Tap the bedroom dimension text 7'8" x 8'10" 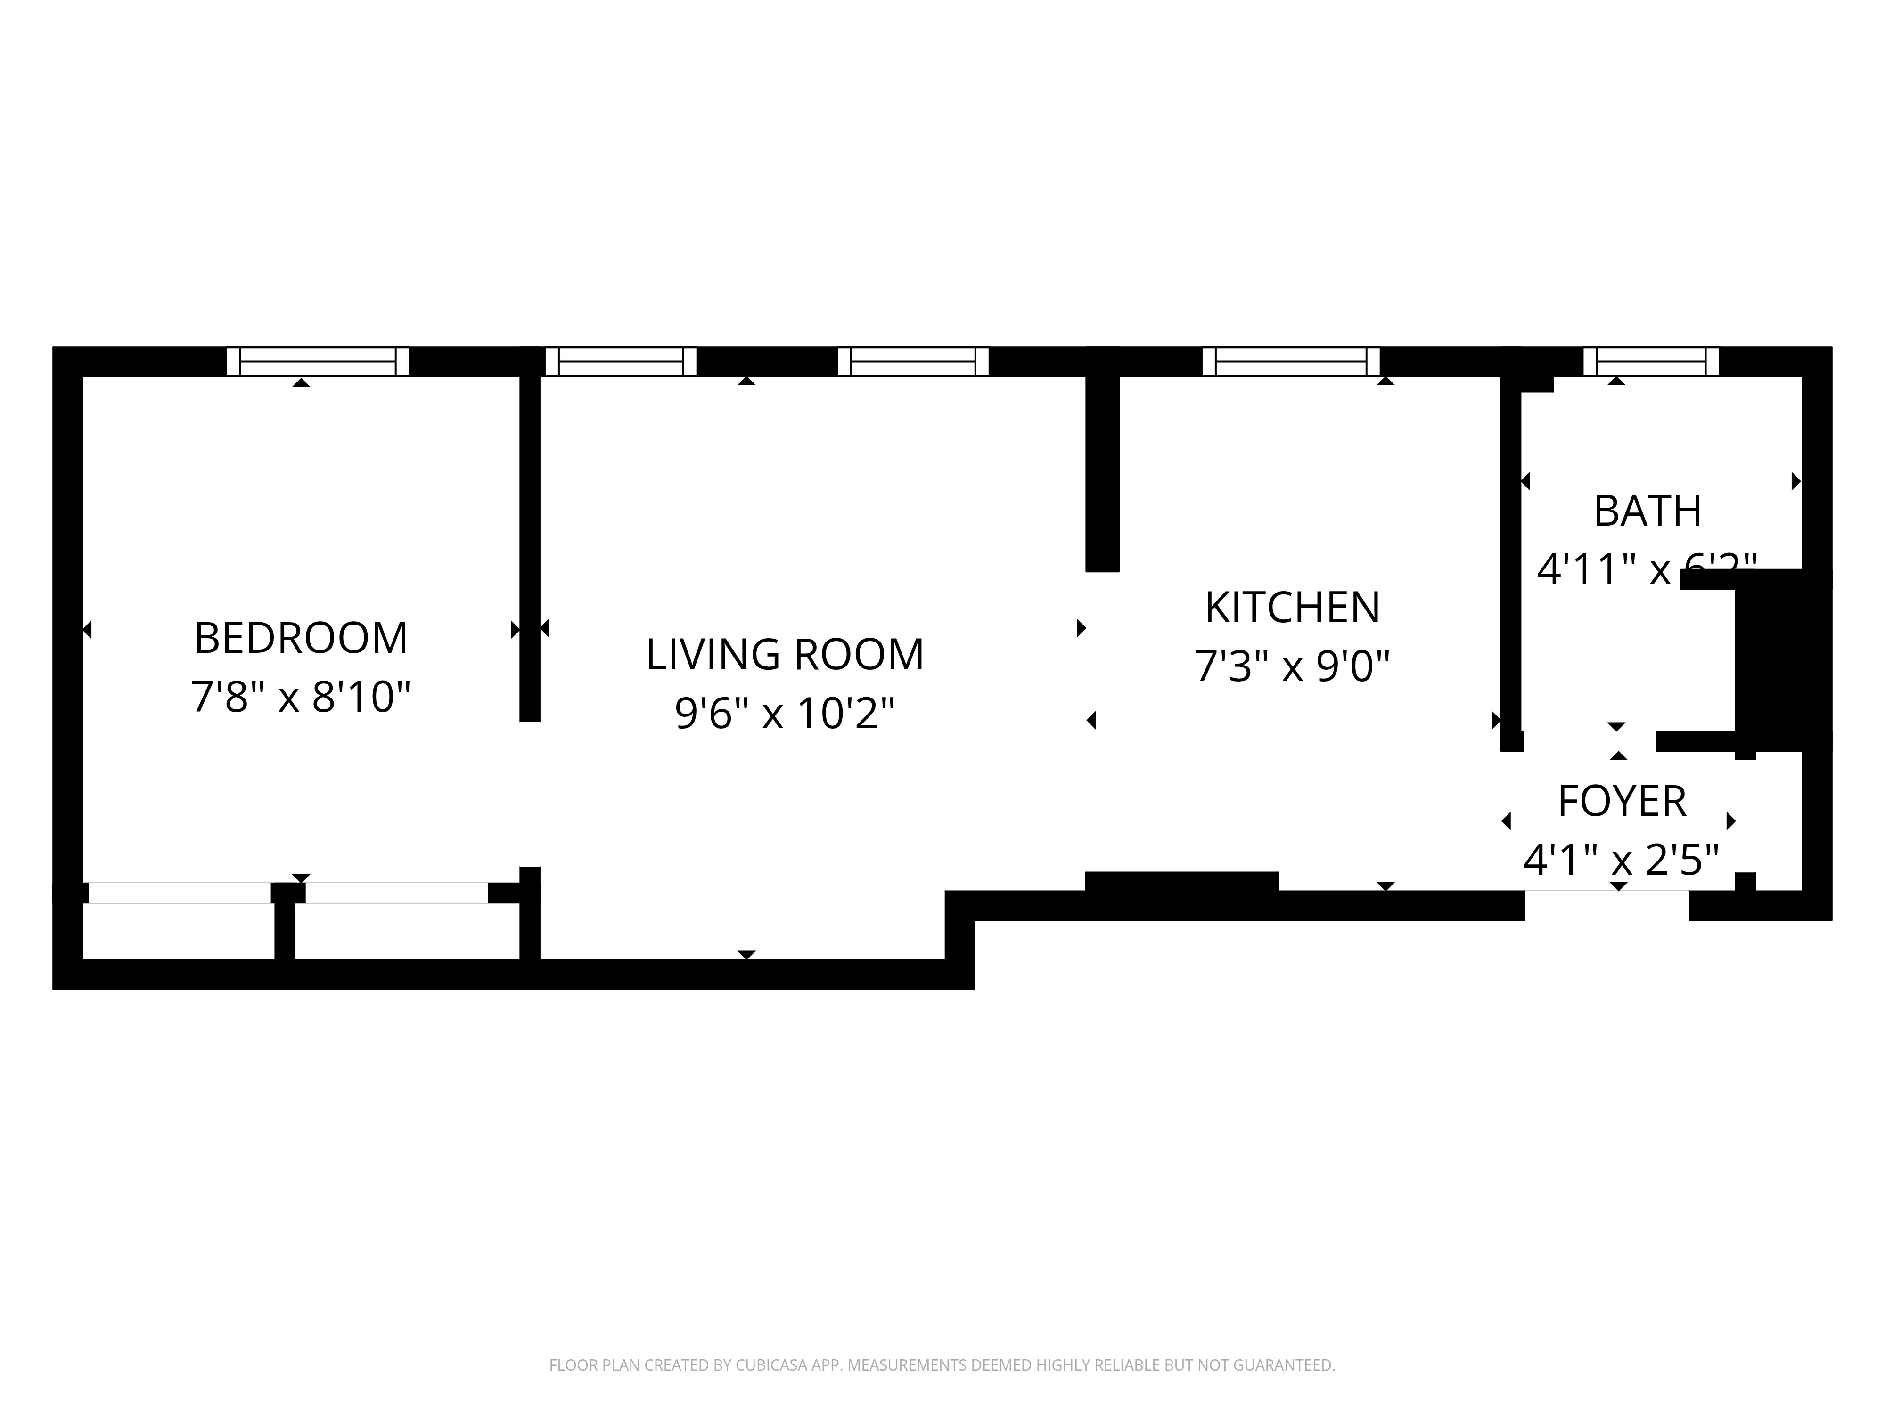(301, 697)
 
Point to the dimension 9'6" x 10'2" (784, 713)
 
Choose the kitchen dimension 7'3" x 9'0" (1292, 666)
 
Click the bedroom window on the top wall (318, 361)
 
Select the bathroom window (1651, 361)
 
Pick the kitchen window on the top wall (1290, 361)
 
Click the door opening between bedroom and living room (529, 794)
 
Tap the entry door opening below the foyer (1606, 905)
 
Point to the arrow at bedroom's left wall (87, 630)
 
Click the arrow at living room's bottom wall (746, 955)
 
